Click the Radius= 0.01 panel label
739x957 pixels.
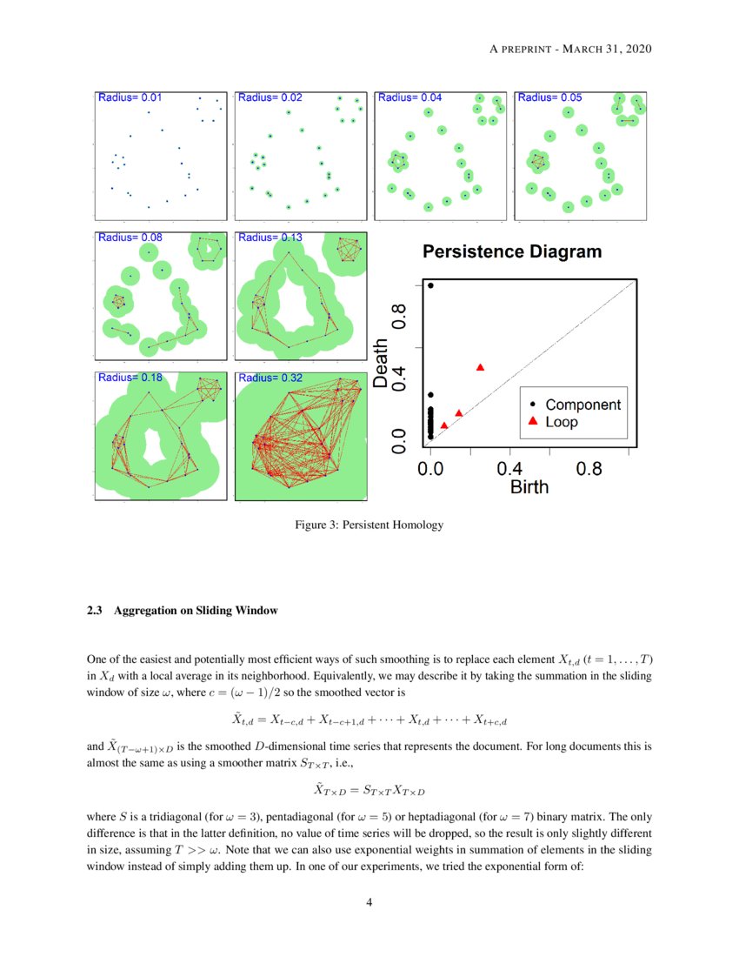pos(130,97)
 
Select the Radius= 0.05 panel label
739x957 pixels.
pos(549,97)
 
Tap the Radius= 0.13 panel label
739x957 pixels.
pos(270,237)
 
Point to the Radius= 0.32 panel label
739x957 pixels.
pos(270,378)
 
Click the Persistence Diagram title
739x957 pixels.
pos(512,252)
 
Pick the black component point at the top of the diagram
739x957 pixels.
pos(430,285)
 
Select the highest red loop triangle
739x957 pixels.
pos(481,367)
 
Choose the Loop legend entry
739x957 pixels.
pos(562,422)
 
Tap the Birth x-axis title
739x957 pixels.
pos(529,487)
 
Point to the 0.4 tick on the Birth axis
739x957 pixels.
pos(509,469)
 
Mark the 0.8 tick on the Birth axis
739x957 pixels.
pos(589,469)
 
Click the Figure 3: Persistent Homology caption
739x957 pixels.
pos(369,525)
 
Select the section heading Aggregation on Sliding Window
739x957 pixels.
pos(196,611)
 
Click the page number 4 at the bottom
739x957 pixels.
pos(369,901)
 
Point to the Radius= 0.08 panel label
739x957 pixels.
pos(130,237)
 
